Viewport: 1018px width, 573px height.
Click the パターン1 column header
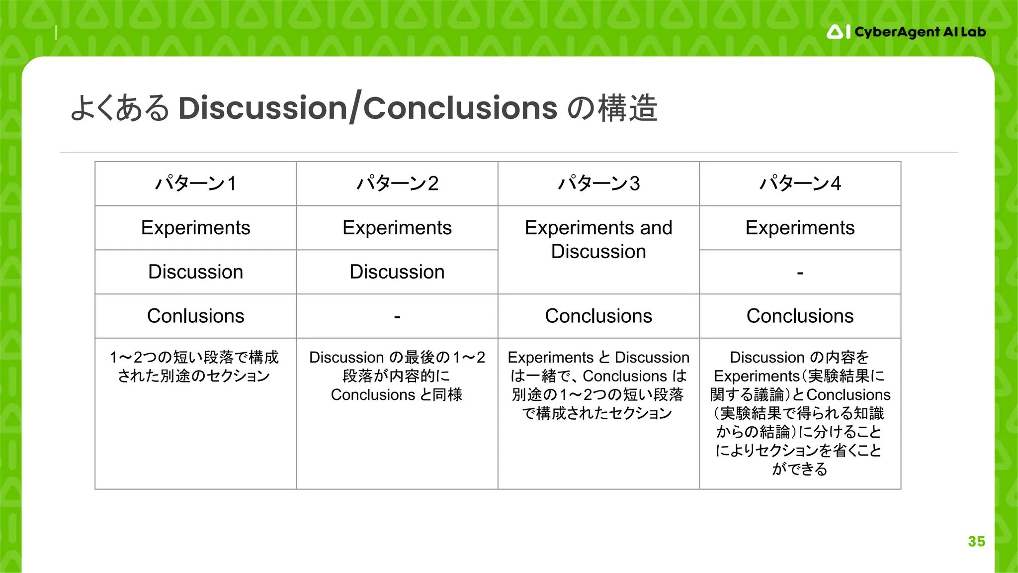pyautogui.click(x=195, y=184)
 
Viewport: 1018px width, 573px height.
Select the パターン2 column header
pyautogui.click(x=397, y=184)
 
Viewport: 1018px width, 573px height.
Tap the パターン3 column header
pyautogui.click(x=598, y=184)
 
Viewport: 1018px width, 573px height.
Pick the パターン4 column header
pyautogui.click(x=800, y=184)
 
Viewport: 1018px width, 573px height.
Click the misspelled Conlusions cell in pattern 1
pyautogui.click(x=195, y=316)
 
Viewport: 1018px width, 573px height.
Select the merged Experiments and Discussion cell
pyautogui.click(x=598, y=240)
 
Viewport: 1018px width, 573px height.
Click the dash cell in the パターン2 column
pyautogui.click(x=397, y=316)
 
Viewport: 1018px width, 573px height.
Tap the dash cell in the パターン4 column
pyautogui.click(x=800, y=272)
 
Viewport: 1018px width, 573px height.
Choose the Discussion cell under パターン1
pyautogui.click(x=195, y=272)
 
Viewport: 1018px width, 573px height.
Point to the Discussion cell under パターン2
pyautogui.click(x=397, y=272)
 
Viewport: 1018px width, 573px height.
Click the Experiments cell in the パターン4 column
pyautogui.click(x=800, y=228)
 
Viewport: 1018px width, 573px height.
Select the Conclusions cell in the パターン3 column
pyautogui.click(x=598, y=316)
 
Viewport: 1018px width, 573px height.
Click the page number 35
pyautogui.click(x=976, y=541)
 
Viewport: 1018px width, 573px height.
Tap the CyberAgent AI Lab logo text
pyautogui.click(x=920, y=32)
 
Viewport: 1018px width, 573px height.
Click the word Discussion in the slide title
pyautogui.click(x=262, y=108)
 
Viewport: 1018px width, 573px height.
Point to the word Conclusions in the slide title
pyautogui.click(x=460, y=108)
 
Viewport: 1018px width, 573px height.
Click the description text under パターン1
pyautogui.click(x=194, y=367)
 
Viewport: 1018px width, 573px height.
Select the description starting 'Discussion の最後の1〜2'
pyautogui.click(x=397, y=376)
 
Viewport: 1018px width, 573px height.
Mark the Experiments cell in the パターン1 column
pyautogui.click(x=195, y=228)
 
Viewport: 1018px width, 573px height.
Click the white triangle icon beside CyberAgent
pyautogui.click(x=835, y=32)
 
